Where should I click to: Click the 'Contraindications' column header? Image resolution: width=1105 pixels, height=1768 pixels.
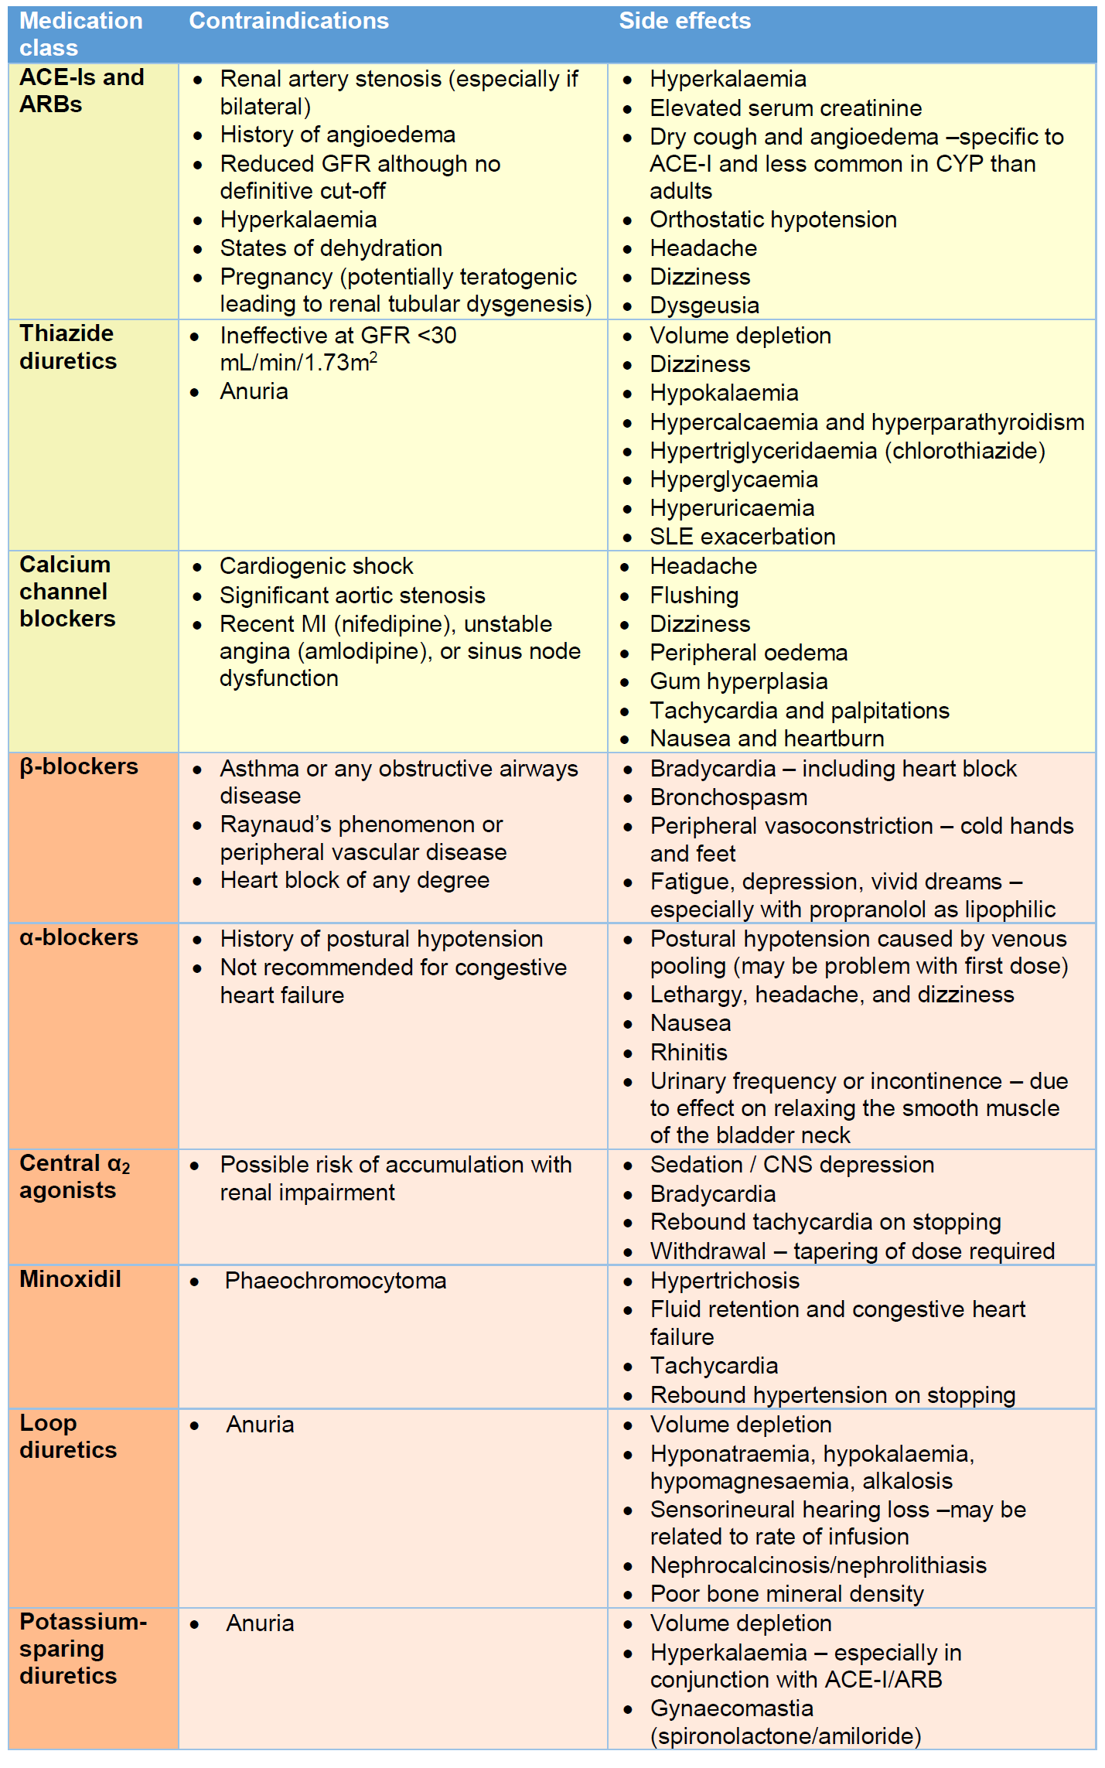[288, 21]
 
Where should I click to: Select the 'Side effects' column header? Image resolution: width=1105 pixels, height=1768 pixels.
[684, 21]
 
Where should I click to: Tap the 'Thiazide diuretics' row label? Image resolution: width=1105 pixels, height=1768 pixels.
[68, 347]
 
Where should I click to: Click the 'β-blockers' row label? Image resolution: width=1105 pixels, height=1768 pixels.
[79, 766]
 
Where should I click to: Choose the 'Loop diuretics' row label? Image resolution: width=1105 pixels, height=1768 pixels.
[68, 1436]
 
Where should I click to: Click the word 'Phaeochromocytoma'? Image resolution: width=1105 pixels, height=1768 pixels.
[336, 1281]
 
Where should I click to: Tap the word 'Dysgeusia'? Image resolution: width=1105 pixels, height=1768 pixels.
[704, 305]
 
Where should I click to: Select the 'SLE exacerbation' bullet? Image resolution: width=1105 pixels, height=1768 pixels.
[742, 537]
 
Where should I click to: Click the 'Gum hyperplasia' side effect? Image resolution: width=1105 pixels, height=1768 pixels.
[738, 681]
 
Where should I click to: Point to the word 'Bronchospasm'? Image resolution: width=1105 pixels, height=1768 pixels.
[728, 797]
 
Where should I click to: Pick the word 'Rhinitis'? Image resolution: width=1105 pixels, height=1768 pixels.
[688, 1053]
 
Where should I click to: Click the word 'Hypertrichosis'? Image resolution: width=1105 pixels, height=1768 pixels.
[725, 1281]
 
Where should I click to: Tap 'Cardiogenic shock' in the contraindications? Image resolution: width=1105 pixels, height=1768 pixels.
[316, 566]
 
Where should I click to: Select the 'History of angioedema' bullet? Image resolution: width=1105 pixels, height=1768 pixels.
[337, 135]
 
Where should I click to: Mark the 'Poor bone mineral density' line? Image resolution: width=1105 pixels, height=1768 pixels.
[786, 1594]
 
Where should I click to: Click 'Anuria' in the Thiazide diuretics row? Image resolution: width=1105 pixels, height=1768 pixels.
[254, 391]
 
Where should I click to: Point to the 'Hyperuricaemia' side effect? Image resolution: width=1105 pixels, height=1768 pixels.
[732, 508]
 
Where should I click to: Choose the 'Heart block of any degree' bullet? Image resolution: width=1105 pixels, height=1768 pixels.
[354, 880]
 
